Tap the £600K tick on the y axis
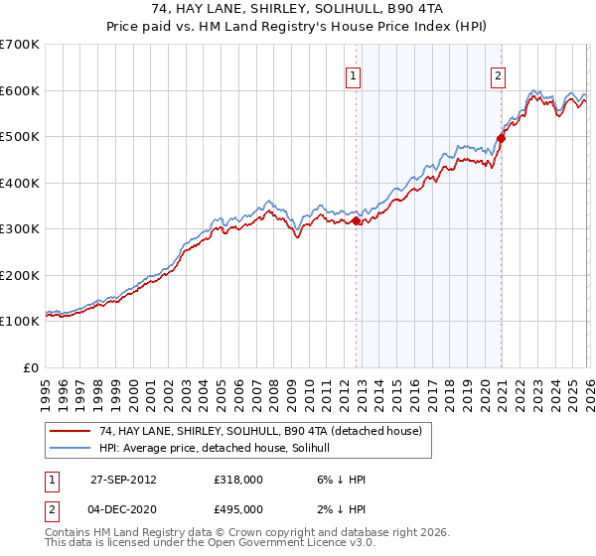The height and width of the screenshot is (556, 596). (x=20, y=90)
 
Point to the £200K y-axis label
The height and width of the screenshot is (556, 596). (x=20, y=275)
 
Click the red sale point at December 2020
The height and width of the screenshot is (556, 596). (x=501, y=139)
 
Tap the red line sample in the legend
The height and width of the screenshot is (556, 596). (x=70, y=431)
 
